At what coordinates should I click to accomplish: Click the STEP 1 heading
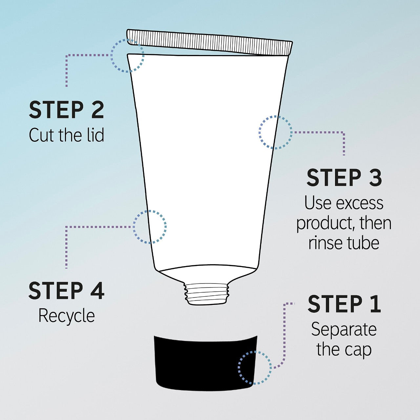344,304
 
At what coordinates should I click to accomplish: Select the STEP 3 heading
344,178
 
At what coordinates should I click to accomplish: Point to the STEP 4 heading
67,291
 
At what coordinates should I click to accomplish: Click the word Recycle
67,316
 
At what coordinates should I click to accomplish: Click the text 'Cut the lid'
67,135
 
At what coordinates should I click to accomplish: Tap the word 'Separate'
344,329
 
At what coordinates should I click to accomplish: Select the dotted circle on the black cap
255,367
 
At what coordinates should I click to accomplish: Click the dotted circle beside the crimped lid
127,55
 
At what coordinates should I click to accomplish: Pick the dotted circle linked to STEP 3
275,133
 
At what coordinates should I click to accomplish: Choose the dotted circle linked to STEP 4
150,227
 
